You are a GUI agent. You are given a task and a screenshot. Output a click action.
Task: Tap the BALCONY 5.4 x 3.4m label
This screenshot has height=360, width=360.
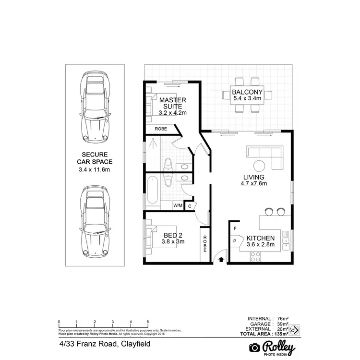pos(247,95)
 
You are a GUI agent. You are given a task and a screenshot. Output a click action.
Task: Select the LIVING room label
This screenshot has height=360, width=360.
pos(254,179)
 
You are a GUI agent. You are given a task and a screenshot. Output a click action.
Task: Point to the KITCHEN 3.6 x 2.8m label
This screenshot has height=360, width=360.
pos(260,241)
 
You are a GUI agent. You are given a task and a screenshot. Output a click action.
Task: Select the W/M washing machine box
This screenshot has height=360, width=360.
pos(178,205)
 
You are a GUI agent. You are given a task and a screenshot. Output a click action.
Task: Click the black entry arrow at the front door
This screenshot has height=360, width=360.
pos(221,260)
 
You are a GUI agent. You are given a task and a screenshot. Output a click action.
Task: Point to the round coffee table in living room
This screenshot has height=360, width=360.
pos(260,166)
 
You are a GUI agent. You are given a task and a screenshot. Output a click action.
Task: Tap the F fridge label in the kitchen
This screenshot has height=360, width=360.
pos(235,228)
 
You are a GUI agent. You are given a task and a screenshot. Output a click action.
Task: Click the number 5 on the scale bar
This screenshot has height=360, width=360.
pos(148,322)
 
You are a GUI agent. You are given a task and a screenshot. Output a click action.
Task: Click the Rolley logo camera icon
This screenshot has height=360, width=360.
pos(254,348)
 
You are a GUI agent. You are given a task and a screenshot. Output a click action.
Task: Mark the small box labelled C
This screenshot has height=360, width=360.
pos(190,206)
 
